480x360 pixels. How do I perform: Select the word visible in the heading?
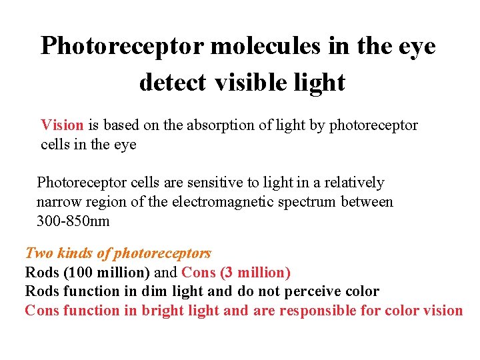(249, 82)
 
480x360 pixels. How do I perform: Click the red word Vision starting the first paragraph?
(62, 125)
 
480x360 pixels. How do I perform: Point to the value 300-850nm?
(73, 221)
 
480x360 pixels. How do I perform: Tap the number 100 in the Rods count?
(77, 272)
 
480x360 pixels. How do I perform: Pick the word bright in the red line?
(162, 311)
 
